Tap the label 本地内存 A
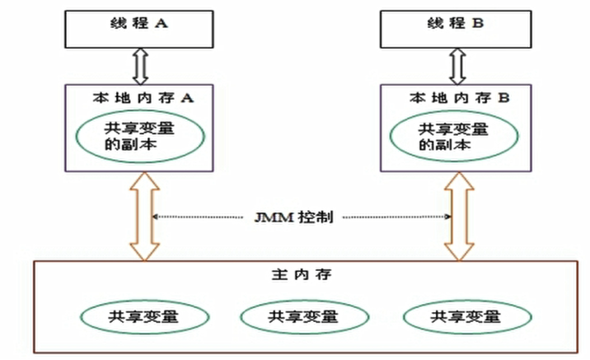pos(143,98)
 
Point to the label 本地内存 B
pos(460,98)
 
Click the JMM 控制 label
pos(294,217)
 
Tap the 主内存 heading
pos(302,274)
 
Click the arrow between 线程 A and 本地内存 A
pos(140,66)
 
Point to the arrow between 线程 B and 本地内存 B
pos(457,66)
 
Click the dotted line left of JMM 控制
pos(198,217)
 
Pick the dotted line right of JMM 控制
pos(397,217)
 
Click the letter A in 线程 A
pos(162,24)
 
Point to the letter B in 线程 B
pos(477,24)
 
